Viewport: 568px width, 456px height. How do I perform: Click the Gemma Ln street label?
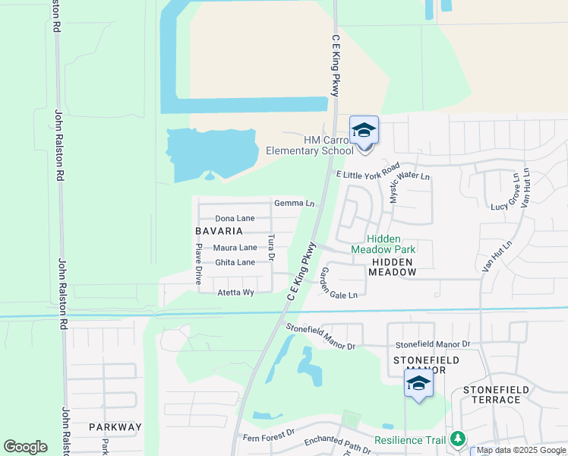click(x=294, y=204)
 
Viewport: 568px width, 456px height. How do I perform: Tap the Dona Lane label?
click(x=235, y=218)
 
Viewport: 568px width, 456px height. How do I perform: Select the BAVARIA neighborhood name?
click(x=219, y=231)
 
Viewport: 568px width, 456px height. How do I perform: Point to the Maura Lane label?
click(x=235, y=248)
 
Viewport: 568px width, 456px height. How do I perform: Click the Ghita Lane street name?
click(x=235, y=262)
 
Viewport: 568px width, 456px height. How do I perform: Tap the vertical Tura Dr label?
click(x=271, y=247)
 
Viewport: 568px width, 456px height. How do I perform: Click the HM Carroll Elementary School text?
click(x=310, y=145)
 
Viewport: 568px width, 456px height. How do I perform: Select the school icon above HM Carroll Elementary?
click(x=364, y=131)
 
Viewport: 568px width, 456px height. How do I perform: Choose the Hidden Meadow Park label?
click(x=383, y=244)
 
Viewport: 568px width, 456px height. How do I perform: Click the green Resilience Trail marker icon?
click(x=457, y=439)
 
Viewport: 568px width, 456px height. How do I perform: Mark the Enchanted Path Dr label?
click(x=337, y=445)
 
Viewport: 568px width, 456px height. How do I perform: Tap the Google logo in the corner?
click(x=25, y=447)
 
